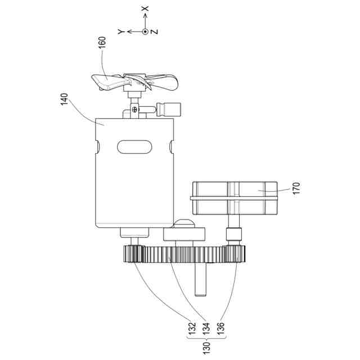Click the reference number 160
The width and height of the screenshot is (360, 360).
pos(102,43)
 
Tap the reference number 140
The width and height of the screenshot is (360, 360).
pos(64,99)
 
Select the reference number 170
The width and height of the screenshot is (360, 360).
pos(296,188)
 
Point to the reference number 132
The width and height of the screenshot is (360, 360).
pos(192,328)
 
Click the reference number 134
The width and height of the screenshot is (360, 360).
pos(206,328)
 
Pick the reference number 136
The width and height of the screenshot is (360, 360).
pos(220,328)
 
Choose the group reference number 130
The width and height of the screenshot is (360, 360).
pos(206,348)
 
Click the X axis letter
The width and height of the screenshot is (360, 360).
pos(145,9)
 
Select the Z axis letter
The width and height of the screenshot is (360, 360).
pos(155,31)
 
